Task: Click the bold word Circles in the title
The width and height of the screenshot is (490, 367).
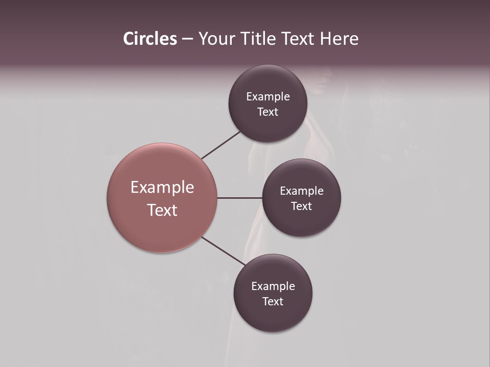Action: coord(150,39)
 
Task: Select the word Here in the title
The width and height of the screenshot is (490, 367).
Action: coord(339,39)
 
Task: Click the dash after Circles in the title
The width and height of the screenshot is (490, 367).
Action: coord(187,39)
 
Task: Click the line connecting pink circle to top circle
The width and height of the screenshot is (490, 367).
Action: coord(221,145)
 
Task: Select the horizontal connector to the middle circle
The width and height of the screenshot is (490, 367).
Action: coord(239,198)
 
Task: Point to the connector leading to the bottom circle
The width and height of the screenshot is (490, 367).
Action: coord(223,251)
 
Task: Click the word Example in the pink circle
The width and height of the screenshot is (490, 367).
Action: coord(162,188)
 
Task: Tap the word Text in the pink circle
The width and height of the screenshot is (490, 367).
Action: coord(162,210)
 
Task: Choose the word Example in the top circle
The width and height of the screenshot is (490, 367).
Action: coord(268,97)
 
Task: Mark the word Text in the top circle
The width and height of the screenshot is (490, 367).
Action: coord(268,112)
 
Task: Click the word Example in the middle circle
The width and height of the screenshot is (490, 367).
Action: coord(302,191)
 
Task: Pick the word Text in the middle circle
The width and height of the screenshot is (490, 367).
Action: coord(302,206)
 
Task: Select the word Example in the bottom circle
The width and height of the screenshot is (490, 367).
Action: coord(273,286)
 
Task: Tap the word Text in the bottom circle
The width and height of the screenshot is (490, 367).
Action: coord(273,302)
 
